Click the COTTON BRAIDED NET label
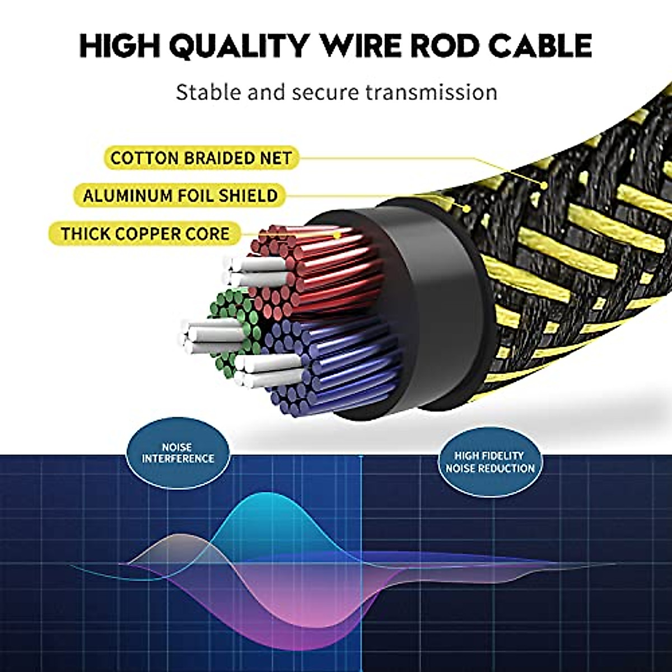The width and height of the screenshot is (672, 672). (x=201, y=158)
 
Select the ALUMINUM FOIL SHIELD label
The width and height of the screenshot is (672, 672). (x=180, y=196)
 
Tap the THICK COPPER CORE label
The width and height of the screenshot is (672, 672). (x=146, y=234)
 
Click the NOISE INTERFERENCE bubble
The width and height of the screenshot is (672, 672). (x=178, y=453)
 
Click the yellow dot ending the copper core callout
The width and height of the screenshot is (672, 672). (x=337, y=236)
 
